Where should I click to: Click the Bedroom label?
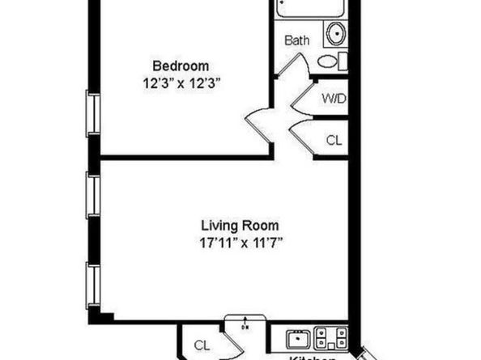[x=181, y=66]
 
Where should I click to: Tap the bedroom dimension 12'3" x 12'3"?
[x=181, y=81]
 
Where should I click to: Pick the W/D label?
[x=333, y=100]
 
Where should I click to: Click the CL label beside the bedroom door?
[x=334, y=139]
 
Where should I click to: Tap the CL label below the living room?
[x=202, y=345]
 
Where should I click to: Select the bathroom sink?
[x=334, y=34]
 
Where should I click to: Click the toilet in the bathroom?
[x=330, y=61]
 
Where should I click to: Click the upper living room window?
[x=93, y=195]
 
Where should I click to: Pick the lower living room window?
[x=93, y=284]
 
